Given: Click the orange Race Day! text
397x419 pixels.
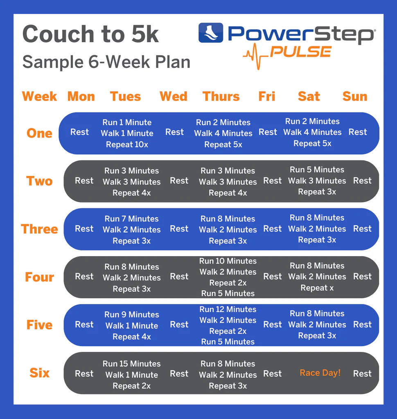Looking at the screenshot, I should [x=320, y=373].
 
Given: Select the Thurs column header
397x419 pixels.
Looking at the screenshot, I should [x=221, y=97].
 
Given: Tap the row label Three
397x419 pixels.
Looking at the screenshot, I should [x=39, y=229].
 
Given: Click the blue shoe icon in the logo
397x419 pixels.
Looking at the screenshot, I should [x=210, y=33].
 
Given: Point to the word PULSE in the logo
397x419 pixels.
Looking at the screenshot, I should [x=300, y=52].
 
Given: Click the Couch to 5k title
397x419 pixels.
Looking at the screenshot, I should [x=90, y=34].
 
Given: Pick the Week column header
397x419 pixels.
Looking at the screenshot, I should [x=39, y=97].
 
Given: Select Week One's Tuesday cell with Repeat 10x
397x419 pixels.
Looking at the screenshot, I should [x=127, y=133].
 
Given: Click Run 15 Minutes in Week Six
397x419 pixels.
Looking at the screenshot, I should [x=131, y=364].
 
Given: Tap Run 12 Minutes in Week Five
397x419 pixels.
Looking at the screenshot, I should [x=228, y=309].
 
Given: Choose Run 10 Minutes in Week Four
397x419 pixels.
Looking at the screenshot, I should [x=228, y=261].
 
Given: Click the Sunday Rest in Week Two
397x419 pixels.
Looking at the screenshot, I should [x=362, y=180].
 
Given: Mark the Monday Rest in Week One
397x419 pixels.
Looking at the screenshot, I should [x=79, y=132].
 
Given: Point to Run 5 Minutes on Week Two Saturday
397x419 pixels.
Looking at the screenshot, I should [x=317, y=170].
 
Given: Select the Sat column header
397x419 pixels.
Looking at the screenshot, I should [x=309, y=97].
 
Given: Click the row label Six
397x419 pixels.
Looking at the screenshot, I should [x=39, y=373].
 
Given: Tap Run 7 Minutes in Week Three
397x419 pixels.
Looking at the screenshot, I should [x=131, y=219].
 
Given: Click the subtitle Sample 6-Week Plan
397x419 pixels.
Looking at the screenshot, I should [x=106, y=62].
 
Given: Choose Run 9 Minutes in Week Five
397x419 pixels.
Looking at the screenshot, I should [x=131, y=315].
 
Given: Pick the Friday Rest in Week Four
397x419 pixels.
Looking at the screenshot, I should [x=272, y=277].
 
